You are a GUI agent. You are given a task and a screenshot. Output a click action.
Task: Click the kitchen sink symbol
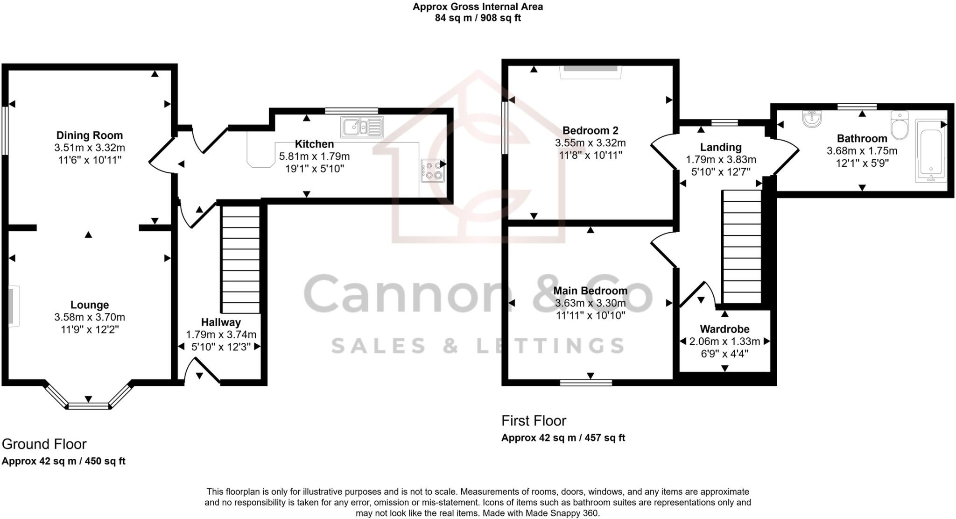point(362,127)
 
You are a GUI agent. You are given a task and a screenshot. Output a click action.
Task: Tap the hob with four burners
point(432,171)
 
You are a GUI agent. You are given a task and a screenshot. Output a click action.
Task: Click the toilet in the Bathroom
point(899,125)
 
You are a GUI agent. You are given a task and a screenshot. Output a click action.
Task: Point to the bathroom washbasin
point(812,119)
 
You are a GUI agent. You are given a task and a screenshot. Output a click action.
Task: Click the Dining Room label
point(90,135)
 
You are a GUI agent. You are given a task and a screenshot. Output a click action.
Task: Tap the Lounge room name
point(90,305)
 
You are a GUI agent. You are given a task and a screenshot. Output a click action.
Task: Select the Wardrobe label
point(724,329)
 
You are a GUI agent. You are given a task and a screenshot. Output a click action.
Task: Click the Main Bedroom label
point(590,291)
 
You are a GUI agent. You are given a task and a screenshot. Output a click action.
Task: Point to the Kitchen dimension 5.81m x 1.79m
point(314,156)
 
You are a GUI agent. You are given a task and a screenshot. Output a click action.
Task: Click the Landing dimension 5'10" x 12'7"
point(721,172)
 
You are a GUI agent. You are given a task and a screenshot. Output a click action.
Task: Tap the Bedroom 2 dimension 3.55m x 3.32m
point(590,143)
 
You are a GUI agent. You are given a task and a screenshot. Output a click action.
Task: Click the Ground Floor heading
point(44,444)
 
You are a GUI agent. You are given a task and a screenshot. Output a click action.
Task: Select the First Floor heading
point(534,420)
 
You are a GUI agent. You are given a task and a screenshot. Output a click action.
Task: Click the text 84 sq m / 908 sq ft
point(478,18)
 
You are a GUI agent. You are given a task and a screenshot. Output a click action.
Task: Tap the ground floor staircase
point(240,259)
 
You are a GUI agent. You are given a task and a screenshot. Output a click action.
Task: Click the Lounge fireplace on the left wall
point(12,306)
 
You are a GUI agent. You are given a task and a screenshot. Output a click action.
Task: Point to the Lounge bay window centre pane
point(89,405)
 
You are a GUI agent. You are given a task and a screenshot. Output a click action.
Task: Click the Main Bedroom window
point(586,383)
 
